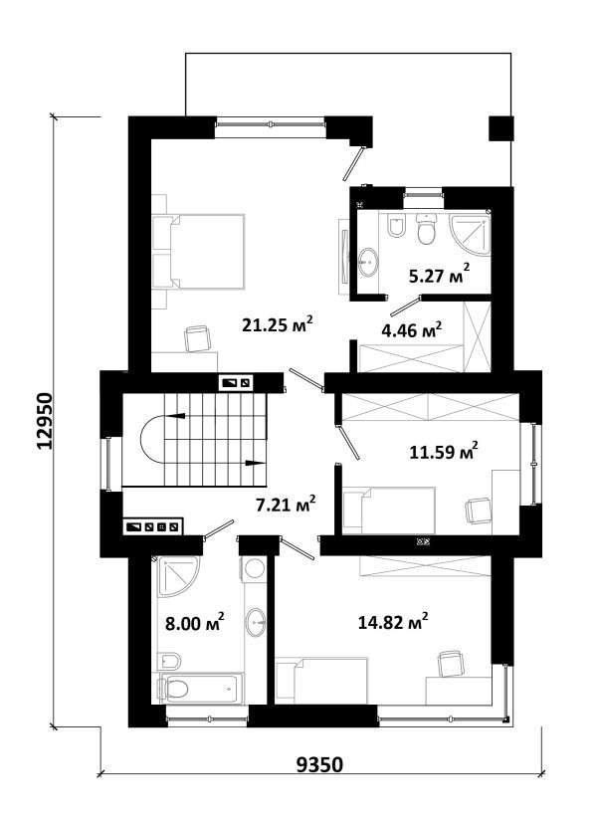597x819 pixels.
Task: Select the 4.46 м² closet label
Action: (x=412, y=329)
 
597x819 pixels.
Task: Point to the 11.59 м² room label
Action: (x=444, y=451)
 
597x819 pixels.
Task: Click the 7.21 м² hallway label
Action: (x=286, y=505)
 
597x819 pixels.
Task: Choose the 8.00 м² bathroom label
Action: (x=194, y=622)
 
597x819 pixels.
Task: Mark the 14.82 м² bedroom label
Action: (x=393, y=622)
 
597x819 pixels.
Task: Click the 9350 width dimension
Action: (x=320, y=764)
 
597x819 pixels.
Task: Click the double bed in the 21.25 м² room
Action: (x=198, y=251)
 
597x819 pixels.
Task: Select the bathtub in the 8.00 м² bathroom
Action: (x=201, y=690)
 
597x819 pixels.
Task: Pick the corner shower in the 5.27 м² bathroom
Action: (x=470, y=233)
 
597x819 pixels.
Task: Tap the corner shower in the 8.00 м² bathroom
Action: (x=178, y=576)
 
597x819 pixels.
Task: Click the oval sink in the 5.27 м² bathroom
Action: (x=369, y=262)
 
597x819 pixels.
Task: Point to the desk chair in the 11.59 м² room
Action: (x=478, y=511)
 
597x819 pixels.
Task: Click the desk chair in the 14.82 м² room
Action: (x=450, y=663)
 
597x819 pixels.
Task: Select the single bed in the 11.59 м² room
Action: (x=389, y=511)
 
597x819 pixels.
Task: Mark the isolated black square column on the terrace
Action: (x=500, y=128)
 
